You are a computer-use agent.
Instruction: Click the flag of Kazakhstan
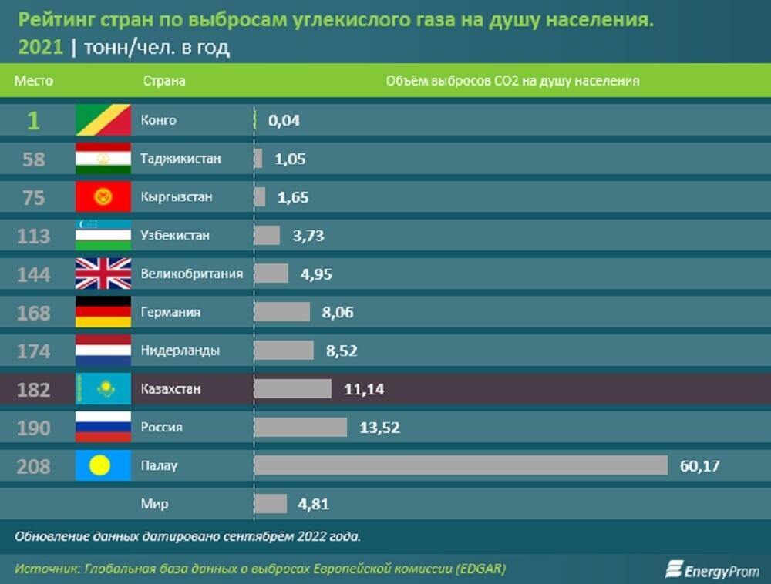103,389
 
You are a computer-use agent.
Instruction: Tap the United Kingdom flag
103,274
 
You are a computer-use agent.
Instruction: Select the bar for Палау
460,465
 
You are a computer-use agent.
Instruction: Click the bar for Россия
301,427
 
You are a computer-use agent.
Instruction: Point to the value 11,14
364,389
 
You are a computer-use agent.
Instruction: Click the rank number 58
34,159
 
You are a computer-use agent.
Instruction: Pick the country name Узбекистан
175,235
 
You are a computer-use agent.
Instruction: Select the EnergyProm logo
712,569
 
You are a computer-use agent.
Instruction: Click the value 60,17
699,465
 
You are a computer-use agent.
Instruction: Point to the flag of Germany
103,312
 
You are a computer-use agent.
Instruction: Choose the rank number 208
34,466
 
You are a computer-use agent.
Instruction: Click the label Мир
154,504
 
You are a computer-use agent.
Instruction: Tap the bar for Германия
281,312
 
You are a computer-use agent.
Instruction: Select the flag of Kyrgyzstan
103,197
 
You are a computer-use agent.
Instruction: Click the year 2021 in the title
39,48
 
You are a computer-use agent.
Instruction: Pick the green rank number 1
33,121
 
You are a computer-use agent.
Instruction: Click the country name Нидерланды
180,351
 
